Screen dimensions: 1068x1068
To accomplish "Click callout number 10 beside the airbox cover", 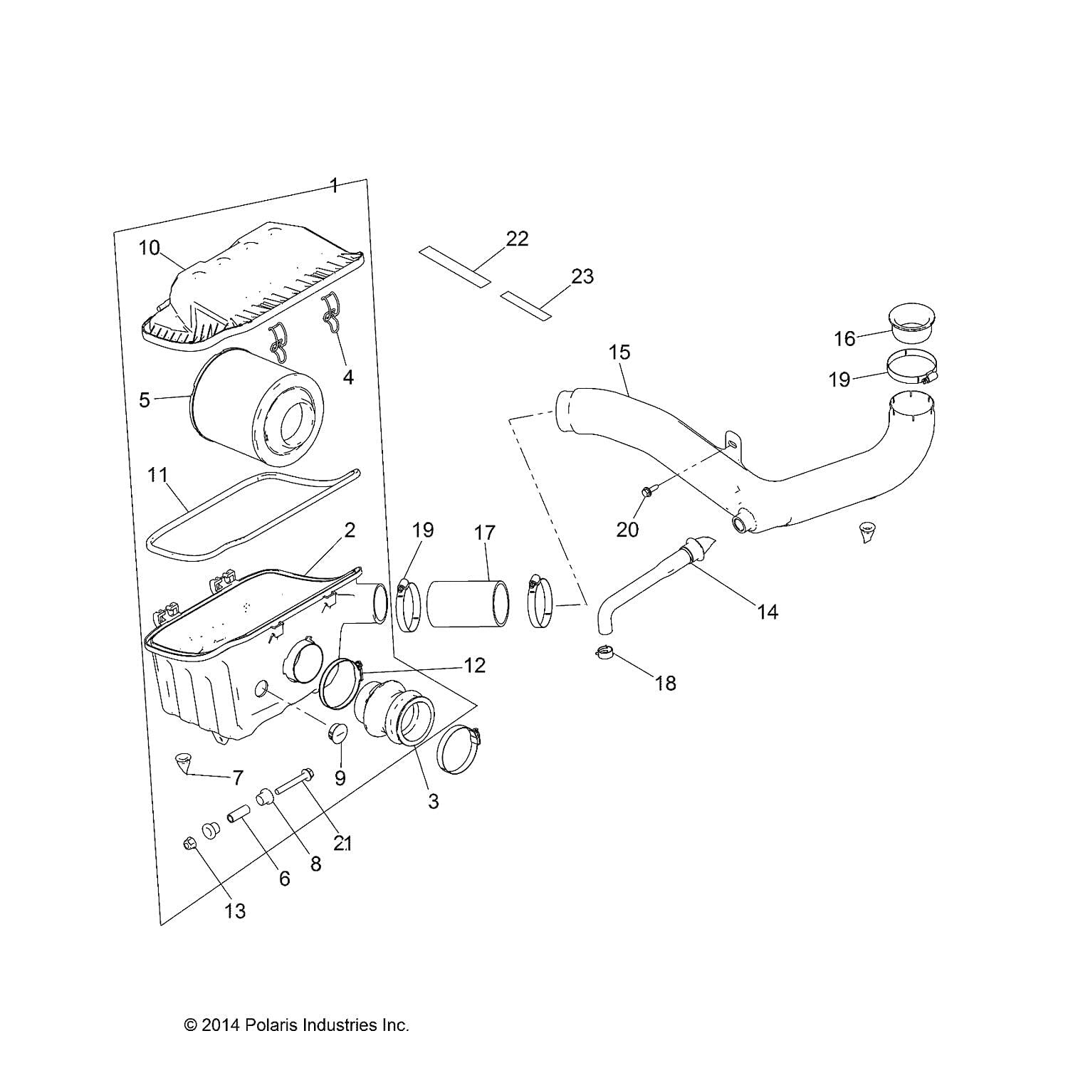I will pos(149,248).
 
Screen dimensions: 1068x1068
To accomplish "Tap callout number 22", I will pos(517,239).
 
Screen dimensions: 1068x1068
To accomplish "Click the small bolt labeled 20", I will pos(647,491).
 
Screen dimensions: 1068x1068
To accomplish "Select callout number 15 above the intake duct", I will pos(619,352).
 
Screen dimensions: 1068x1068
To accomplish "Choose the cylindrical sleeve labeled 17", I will pos(468,604).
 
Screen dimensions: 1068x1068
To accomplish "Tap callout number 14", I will pos(768,612).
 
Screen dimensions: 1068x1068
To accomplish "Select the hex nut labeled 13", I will pos(189,844).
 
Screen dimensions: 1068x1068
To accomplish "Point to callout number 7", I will pos(238,778).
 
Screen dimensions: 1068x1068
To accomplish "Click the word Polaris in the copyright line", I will pos(273,1025).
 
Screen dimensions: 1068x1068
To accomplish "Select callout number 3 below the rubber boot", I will pos(433,801).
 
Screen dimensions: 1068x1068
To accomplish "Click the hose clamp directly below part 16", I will pos(912,369).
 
